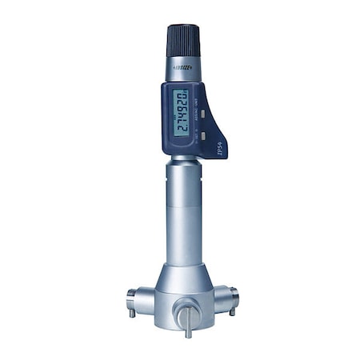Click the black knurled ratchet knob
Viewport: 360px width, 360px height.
(182, 40)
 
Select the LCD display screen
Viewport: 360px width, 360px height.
(181, 113)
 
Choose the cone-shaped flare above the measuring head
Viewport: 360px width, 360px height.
(185, 276)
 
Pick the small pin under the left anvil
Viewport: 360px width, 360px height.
(132, 314)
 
